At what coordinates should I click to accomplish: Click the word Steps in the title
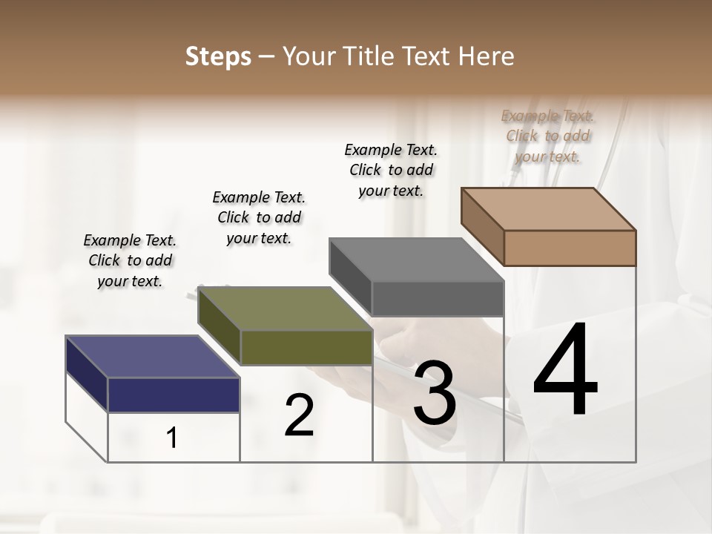click(x=218, y=56)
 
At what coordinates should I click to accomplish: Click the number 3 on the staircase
click(x=435, y=393)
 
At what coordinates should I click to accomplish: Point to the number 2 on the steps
click(x=299, y=415)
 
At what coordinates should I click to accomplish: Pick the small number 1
click(x=172, y=438)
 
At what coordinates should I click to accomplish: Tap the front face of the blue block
click(x=174, y=395)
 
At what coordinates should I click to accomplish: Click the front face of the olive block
click(x=306, y=347)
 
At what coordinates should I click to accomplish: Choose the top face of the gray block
click(x=416, y=260)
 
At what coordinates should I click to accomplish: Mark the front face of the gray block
click(x=438, y=298)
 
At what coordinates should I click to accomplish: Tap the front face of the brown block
click(x=570, y=248)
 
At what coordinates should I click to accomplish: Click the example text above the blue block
click(x=130, y=260)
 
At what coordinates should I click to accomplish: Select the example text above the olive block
click(x=259, y=217)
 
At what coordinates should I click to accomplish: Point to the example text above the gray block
click(x=391, y=170)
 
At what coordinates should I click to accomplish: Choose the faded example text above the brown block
click(x=547, y=136)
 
